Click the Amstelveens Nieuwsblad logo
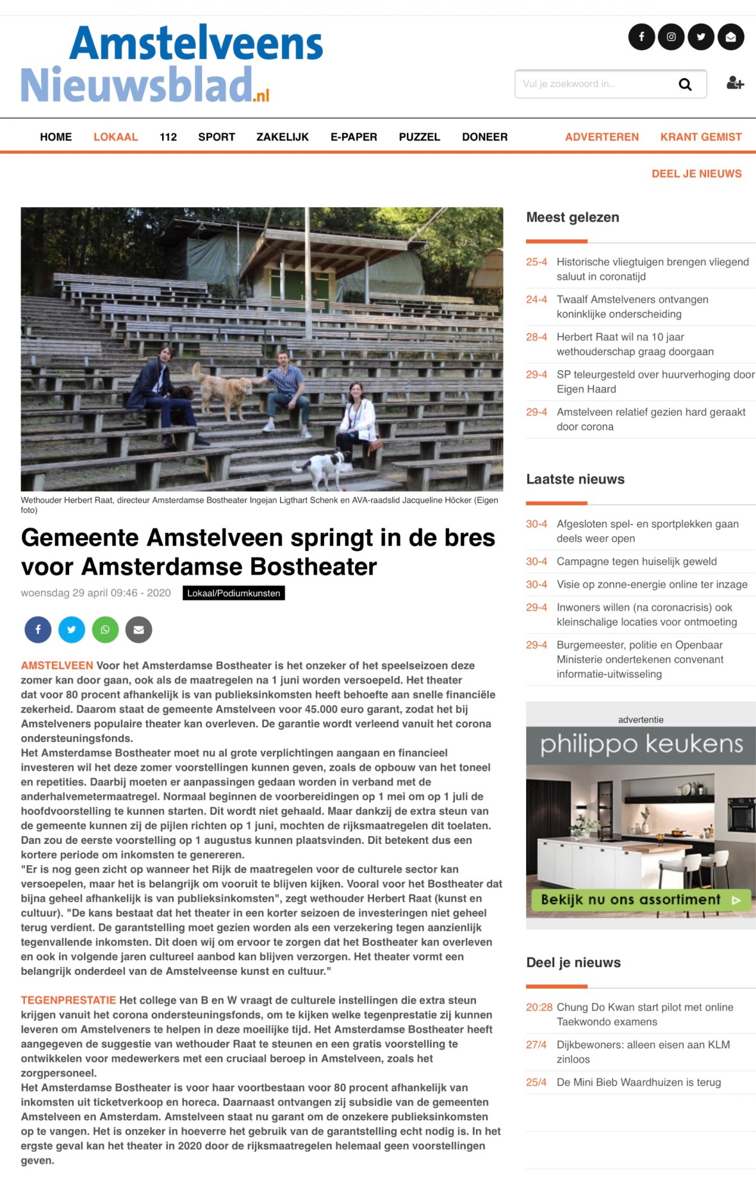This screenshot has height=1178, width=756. [x=172, y=64]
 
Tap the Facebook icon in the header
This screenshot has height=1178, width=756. [x=641, y=37]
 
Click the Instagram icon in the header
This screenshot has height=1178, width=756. [x=671, y=37]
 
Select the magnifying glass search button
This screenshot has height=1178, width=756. [x=685, y=84]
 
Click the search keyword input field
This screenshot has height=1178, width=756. [x=593, y=84]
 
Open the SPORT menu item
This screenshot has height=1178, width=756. [x=217, y=137]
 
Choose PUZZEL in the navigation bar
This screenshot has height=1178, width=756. [x=419, y=137]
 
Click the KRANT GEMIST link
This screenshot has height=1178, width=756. [x=700, y=137]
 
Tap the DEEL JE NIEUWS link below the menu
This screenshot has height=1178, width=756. [x=696, y=174]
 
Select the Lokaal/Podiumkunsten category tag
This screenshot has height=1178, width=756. [x=233, y=593]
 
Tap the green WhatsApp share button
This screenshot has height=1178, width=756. [x=105, y=630]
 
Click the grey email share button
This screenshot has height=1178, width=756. [x=138, y=630]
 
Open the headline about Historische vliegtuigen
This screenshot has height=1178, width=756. [x=652, y=269]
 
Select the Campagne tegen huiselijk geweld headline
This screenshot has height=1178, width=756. [x=636, y=561]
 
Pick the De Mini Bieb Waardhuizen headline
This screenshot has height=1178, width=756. [x=638, y=1082]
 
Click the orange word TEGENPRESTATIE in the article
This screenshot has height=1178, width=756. [x=69, y=1000]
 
